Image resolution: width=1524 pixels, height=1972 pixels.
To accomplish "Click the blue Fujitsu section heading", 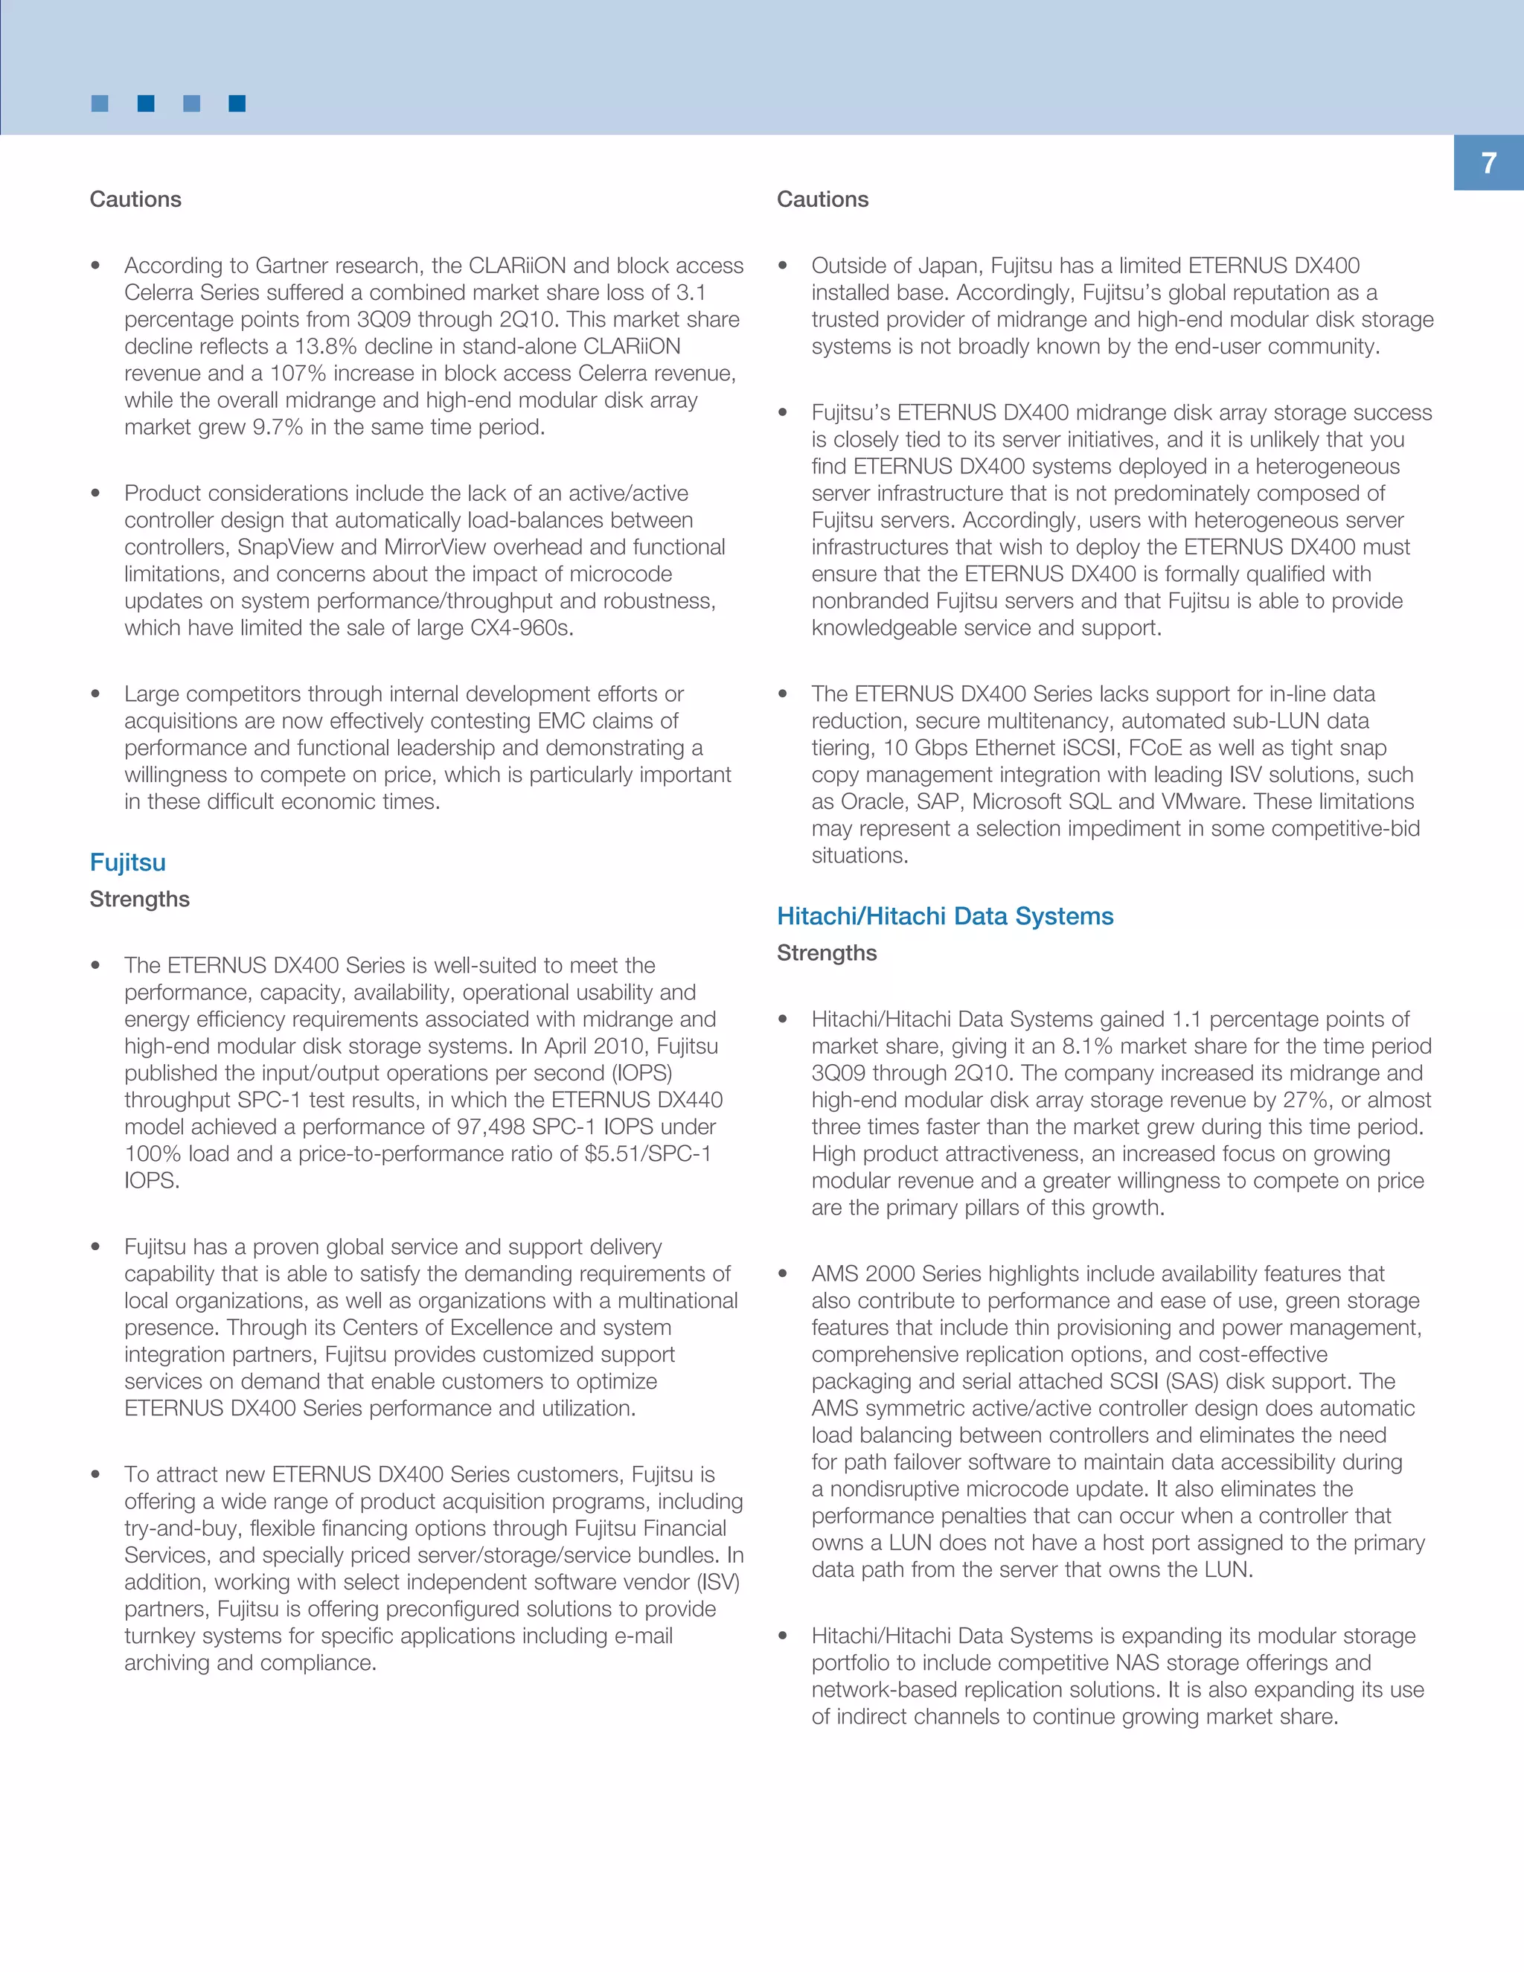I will tap(127, 862).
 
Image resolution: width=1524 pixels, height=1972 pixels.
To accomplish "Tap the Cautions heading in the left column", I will tap(135, 199).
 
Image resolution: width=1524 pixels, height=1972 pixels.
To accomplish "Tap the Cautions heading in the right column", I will tap(822, 199).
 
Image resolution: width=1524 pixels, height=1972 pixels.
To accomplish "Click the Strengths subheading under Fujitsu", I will tap(139, 900).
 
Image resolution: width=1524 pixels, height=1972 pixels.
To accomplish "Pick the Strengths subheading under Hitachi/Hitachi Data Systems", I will tap(826, 953).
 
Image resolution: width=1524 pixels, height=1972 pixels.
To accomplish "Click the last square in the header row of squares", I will tap(237, 104).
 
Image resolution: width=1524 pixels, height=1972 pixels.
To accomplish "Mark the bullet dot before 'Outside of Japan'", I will tap(783, 266).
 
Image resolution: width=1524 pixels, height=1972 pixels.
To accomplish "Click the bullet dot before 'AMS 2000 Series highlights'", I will tap(783, 1274).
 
